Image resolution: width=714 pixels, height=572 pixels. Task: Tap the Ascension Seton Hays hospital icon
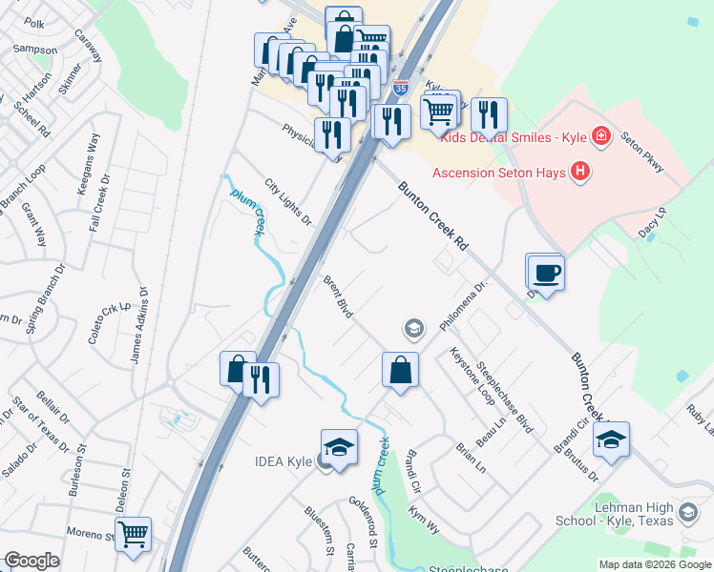(579, 173)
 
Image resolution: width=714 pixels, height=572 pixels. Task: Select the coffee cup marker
(545, 274)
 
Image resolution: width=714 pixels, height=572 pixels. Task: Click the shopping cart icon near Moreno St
(133, 535)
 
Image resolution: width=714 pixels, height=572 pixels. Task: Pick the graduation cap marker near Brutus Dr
(611, 439)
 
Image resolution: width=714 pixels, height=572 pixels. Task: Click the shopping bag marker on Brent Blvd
(401, 370)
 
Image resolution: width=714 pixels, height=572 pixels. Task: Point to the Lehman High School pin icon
(687, 515)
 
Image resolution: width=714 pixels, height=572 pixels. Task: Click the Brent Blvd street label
(338, 296)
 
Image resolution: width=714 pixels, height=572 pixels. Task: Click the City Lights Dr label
(288, 202)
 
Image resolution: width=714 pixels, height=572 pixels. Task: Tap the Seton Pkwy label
(641, 152)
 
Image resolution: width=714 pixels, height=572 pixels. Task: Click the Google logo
(31, 562)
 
